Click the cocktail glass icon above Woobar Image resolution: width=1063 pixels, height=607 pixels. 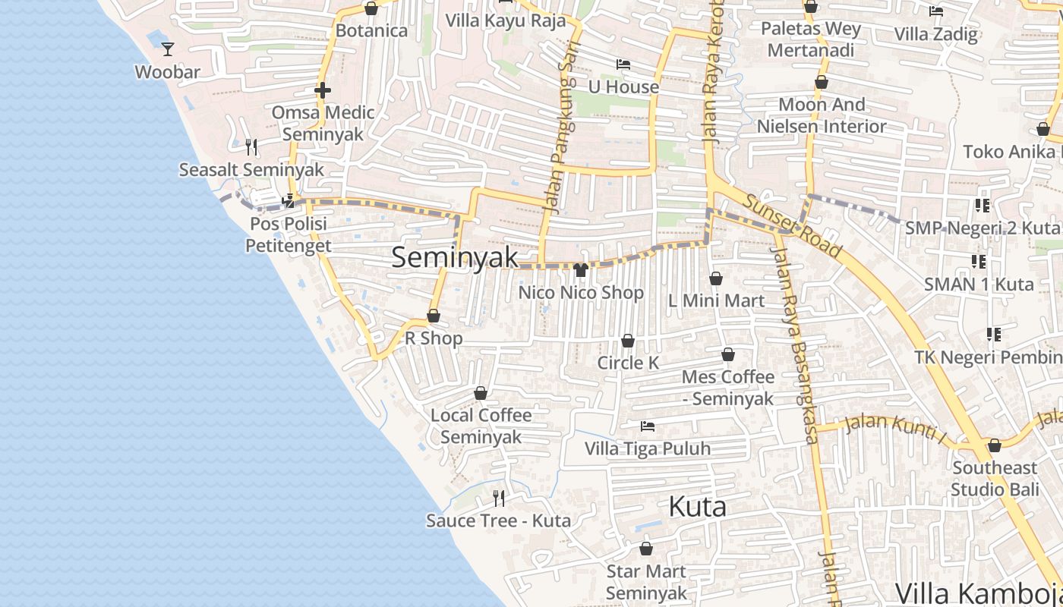tap(168, 49)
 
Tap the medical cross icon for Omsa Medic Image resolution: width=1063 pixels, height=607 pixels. tap(322, 90)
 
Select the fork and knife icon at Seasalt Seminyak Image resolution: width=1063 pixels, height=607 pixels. tap(251, 146)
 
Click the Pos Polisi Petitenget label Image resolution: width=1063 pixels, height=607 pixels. tap(289, 234)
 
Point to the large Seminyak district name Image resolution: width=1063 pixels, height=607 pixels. tap(455, 257)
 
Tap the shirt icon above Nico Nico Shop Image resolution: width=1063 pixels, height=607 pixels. tap(581, 269)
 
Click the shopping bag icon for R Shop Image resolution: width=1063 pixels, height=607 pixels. tap(434, 316)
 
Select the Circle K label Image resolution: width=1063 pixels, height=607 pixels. tap(628, 363)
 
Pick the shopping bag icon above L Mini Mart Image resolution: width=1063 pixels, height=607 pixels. tap(715, 279)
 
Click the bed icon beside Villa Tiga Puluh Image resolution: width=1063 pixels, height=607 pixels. tap(647, 426)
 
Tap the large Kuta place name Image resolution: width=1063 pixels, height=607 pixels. tap(697, 507)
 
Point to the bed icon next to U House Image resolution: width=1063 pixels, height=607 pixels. tap(623, 64)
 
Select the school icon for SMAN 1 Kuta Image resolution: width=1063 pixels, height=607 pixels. tap(979, 262)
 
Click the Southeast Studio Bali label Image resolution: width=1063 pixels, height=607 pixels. tap(995, 478)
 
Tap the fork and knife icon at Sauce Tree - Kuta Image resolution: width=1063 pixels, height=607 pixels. tap(499, 498)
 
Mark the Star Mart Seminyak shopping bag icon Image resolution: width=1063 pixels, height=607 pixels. tap(646, 549)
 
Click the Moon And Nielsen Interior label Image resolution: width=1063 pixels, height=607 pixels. tap(822, 115)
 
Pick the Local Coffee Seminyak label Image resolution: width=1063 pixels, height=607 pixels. tap(481, 426)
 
